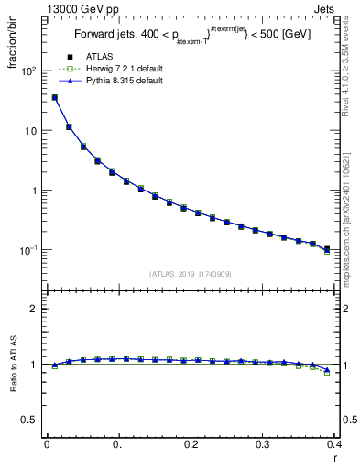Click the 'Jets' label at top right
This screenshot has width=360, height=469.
tap(325, 7)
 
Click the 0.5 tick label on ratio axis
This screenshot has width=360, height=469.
tap(30, 420)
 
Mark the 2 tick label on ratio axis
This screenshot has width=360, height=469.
tap(34, 309)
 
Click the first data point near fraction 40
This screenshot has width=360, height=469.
tap(54, 97)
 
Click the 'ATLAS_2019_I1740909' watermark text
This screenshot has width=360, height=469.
tap(191, 274)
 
